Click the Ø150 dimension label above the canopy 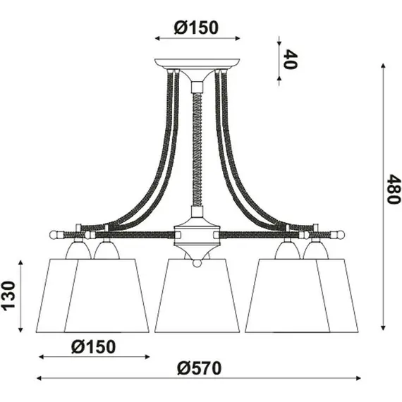click(x=195, y=28)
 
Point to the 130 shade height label click(x=10, y=296)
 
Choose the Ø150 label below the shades click(x=94, y=346)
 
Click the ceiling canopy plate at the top click(x=197, y=62)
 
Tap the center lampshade click(x=197, y=296)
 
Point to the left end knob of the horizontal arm click(x=54, y=232)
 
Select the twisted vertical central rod click(x=197, y=148)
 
